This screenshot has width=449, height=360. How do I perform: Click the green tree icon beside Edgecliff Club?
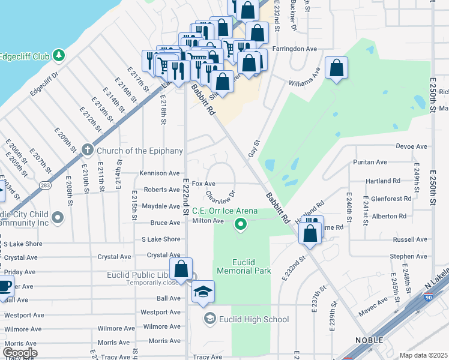(x=58, y=56)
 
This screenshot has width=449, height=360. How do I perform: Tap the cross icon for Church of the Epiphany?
(x=87, y=149)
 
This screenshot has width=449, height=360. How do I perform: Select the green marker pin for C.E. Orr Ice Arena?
(x=241, y=225)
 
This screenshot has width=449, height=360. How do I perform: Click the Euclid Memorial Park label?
(x=252, y=266)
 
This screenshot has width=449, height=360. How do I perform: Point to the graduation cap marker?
(x=203, y=292)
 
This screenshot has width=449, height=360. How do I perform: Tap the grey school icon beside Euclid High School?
(x=209, y=319)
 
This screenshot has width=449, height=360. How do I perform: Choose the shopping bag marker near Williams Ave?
(x=337, y=68)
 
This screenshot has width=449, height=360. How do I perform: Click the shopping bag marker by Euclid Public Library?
(x=181, y=269)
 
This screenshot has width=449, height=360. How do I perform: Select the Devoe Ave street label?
(x=411, y=146)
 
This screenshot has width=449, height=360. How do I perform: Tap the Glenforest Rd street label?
(x=391, y=199)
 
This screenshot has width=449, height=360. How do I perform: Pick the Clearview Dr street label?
(x=219, y=197)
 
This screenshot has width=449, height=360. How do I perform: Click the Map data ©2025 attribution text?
(x=423, y=355)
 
